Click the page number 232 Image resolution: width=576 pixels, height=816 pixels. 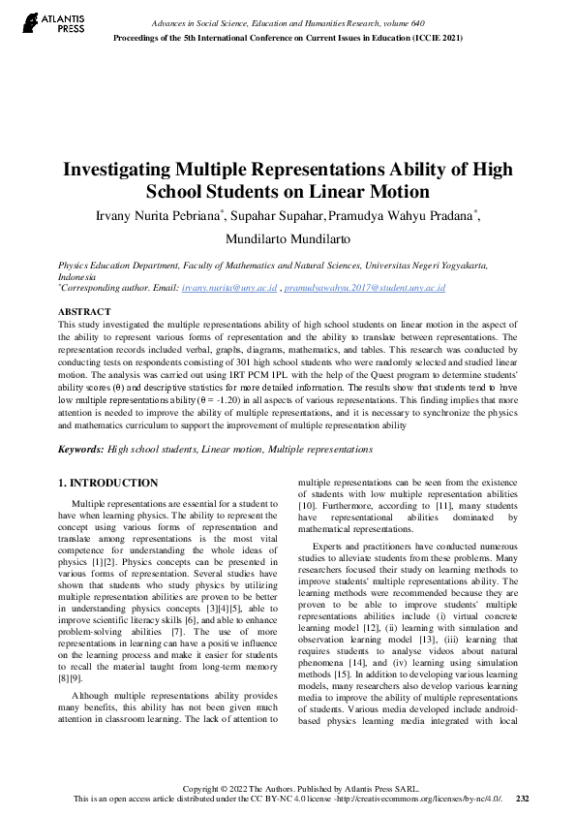[x=523, y=799]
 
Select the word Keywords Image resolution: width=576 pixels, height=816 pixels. [x=80, y=450]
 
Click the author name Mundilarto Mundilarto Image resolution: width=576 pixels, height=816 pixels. [x=288, y=239]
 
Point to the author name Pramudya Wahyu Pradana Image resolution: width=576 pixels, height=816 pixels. [x=401, y=215]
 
